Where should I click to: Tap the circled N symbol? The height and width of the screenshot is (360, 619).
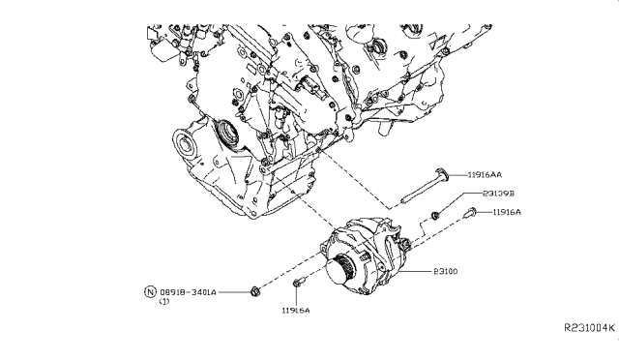(150, 290)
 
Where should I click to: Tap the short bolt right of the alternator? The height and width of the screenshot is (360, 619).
(471, 213)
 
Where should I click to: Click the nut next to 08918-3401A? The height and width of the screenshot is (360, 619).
(253, 289)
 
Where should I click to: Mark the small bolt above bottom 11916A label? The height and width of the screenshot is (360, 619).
(297, 283)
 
